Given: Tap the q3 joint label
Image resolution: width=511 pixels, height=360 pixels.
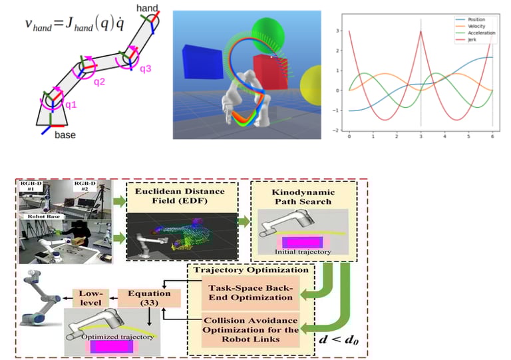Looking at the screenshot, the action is click(146, 67).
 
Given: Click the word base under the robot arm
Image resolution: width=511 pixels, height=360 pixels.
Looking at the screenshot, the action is click(65, 135).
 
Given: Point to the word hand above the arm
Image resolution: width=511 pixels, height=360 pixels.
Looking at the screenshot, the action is click(146, 8).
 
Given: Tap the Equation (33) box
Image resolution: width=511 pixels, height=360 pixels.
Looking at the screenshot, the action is click(140, 298).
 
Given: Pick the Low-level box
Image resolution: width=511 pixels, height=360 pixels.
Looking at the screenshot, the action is click(89, 297).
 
